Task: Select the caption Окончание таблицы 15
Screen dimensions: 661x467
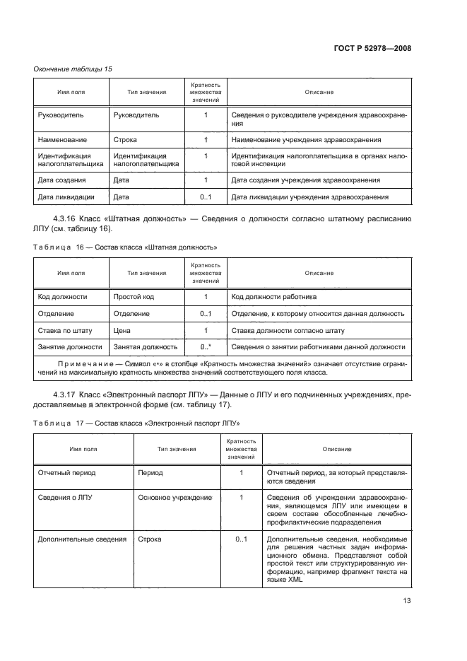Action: (x=73, y=69)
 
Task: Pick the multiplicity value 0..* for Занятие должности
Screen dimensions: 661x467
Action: (x=206, y=347)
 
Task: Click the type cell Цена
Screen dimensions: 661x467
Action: (x=122, y=330)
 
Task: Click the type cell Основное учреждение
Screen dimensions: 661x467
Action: (x=175, y=498)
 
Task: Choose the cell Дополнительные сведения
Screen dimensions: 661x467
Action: (x=81, y=539)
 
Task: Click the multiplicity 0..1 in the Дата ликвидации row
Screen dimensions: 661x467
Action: (x=206, y=197)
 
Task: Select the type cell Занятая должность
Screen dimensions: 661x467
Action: (x=145, y=347)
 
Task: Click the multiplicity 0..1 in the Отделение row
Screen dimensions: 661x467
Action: (x=206, y=313)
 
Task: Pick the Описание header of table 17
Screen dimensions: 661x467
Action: (x=337, y=449)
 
